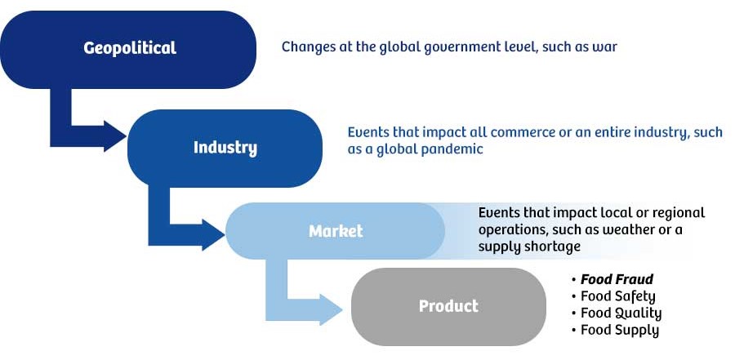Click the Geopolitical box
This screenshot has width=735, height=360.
(129, 48)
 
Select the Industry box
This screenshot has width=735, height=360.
(225, 148)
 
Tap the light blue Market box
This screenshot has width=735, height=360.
(335, 231)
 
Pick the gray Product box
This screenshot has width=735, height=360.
(448, 306)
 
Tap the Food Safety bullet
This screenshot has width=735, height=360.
(617, 296)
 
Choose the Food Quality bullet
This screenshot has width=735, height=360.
(621, 313)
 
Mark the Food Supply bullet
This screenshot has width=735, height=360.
(619, 330)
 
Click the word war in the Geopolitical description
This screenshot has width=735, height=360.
(605, 47)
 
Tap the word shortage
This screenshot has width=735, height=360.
(552, 246)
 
